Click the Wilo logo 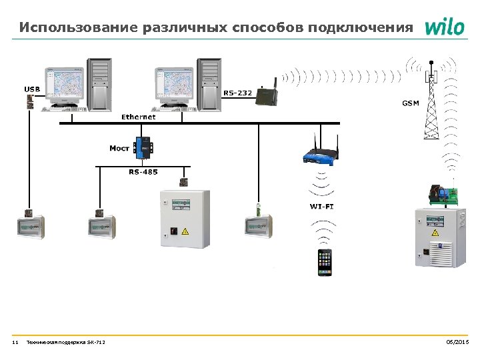(444, 27)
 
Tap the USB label (32, 89)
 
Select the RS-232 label (237, 93)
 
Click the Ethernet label (139, 117)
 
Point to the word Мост (119, 148)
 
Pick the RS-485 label (143, 172)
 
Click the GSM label (411, 103)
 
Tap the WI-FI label (322, 207)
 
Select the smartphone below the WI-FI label (325, 262)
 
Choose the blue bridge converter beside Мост (143, 147)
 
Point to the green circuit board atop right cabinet (443, 195)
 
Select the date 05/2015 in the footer (457, 343)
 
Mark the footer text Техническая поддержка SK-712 (65, 343)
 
